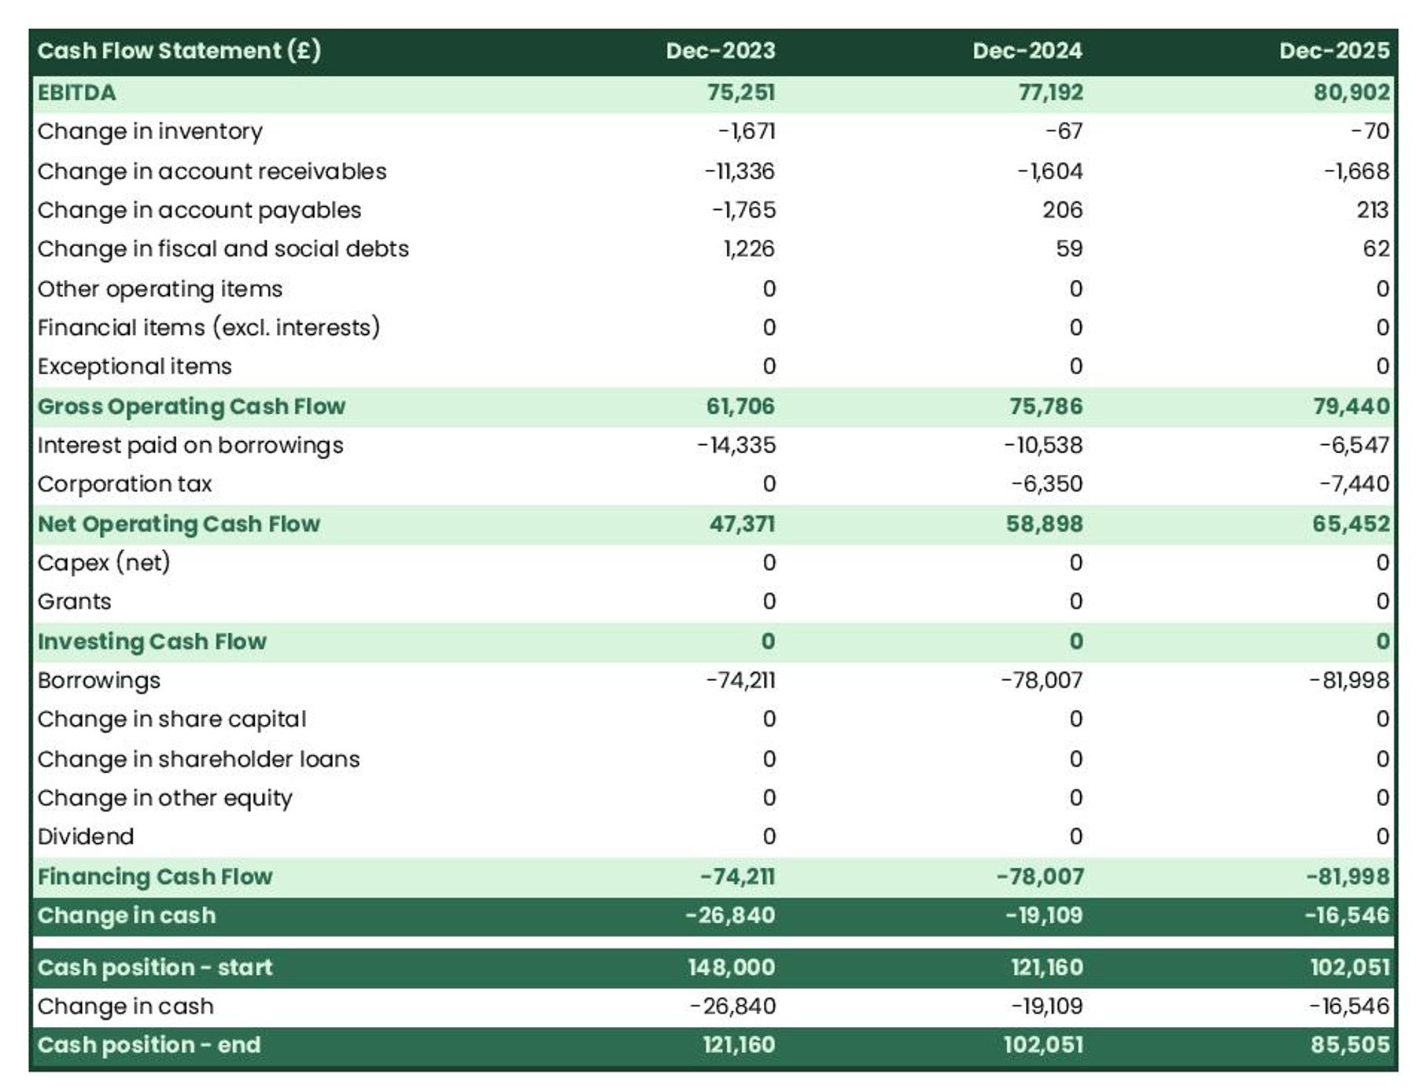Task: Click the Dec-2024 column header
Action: click(x=1027, y=51)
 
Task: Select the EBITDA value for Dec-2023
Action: click(x=740, y=93)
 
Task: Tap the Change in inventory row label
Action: click(x=149, y=131)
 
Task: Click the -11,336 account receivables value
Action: click(x=739, y=171)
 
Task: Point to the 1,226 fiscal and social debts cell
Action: click(x=748, y=249)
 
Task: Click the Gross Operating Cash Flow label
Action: click(x=191, y=407)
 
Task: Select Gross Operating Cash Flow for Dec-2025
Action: click(x=1351, y=407)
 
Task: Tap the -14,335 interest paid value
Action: click(x=736, y=446)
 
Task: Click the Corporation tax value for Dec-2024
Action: click(x=1046, y=484)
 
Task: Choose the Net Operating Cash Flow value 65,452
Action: click(x=1351, y=524)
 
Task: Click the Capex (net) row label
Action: click(x=104, y=563)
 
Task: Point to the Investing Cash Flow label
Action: click(x=152, y=642)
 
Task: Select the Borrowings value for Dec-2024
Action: click(x=1041, y=680)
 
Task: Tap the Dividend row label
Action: click(x=86, y=837)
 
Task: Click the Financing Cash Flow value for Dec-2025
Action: click(x=1348, y=877)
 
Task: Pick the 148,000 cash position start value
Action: click(x=731, y=967)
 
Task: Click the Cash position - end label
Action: click(x=149, y=1045)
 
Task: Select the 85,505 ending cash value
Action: click(x=1349, y=1045)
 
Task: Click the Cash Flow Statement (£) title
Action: click(x=179, y=51)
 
